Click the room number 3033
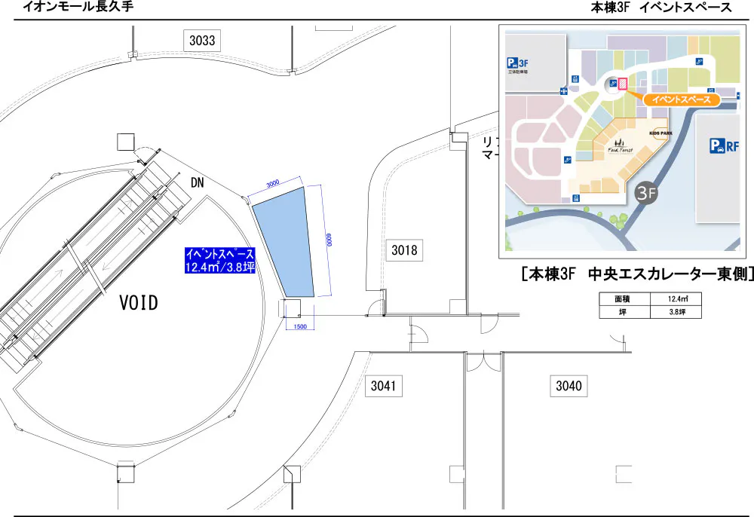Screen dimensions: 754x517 202,41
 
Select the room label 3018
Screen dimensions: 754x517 404,249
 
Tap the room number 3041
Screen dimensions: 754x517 383,387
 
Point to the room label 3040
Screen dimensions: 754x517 569,387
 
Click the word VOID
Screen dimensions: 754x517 139,304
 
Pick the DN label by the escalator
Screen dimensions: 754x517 198,183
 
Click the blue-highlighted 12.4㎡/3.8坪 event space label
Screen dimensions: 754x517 220,261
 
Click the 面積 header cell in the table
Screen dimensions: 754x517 624,299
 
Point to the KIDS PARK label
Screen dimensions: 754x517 660,133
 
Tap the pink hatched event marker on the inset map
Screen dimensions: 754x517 623,84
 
